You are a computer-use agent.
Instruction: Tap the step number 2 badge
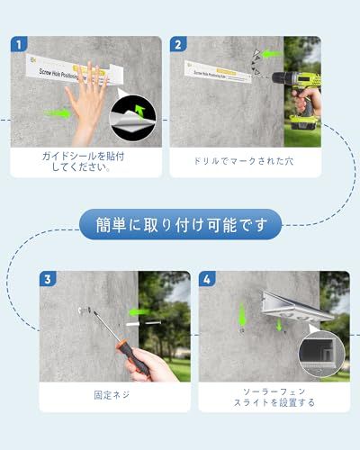(178, 44)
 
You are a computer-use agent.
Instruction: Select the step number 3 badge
(48, 280)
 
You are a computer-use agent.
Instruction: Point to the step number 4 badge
(207, 280)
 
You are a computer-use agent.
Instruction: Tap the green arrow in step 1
(60, 113)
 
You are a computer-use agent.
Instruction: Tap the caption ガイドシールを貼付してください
(88, 161)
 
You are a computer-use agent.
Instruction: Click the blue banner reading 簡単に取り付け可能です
(179, 222)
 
